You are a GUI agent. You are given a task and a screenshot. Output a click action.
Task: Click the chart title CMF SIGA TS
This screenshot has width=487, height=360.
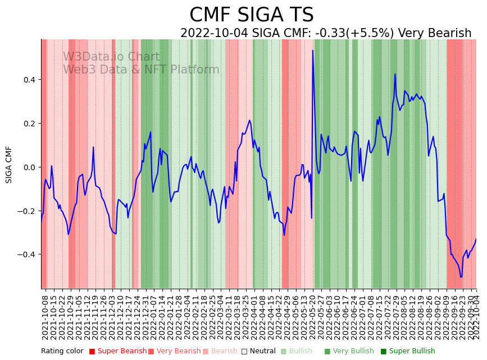coord(251,15)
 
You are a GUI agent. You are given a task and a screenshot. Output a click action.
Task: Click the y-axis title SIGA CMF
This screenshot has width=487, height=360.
coord(9,165)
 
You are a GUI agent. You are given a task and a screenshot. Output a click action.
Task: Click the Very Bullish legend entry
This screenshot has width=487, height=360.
coord(353,352)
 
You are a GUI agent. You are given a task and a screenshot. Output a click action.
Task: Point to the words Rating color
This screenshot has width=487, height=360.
coord(62,352)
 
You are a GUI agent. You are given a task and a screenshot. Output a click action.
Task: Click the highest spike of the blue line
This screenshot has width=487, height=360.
coord(313,51)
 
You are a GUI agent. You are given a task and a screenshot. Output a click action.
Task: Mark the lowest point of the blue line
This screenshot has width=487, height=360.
coord(461,277)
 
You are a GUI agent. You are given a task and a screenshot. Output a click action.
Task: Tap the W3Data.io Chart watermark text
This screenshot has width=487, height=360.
coord(111,57)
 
